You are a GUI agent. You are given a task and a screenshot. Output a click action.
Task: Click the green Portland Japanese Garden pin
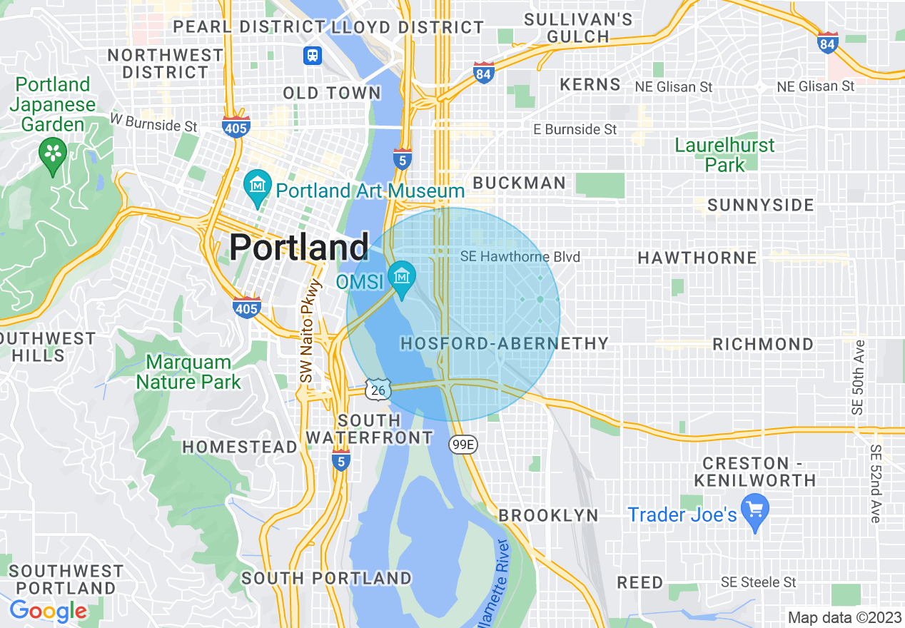click(x=52, y=153)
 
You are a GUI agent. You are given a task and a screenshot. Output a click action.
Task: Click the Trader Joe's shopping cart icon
click(x=754, y=510)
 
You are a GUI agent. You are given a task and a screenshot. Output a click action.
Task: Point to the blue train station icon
click(x=312, y=56)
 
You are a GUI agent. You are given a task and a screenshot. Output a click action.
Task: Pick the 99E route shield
click(x=463, y=445)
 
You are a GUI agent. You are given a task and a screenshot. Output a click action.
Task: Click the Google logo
click(x=48, y=611)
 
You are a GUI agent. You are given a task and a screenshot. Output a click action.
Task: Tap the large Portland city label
click(x=298, y=247)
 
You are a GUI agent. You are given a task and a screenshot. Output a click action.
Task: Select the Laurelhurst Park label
click(x=724, y=155)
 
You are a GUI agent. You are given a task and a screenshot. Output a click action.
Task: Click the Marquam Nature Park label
click(x=188, y=372)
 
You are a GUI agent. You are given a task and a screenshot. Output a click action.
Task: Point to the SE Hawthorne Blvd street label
click(x=520, y=257)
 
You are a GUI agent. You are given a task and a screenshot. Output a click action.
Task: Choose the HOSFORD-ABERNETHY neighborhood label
click(x=504, y=343)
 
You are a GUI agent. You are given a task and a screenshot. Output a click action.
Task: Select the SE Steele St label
click(x=758, y=582)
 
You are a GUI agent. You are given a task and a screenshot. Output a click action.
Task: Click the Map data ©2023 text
click(x=844, y=617)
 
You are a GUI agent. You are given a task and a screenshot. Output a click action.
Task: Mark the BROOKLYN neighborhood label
click(x=548, y=515)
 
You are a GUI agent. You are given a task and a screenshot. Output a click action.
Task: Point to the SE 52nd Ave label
click(x=876, y=484)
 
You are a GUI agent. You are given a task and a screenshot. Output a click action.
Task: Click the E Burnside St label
click(x=575, y=129)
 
